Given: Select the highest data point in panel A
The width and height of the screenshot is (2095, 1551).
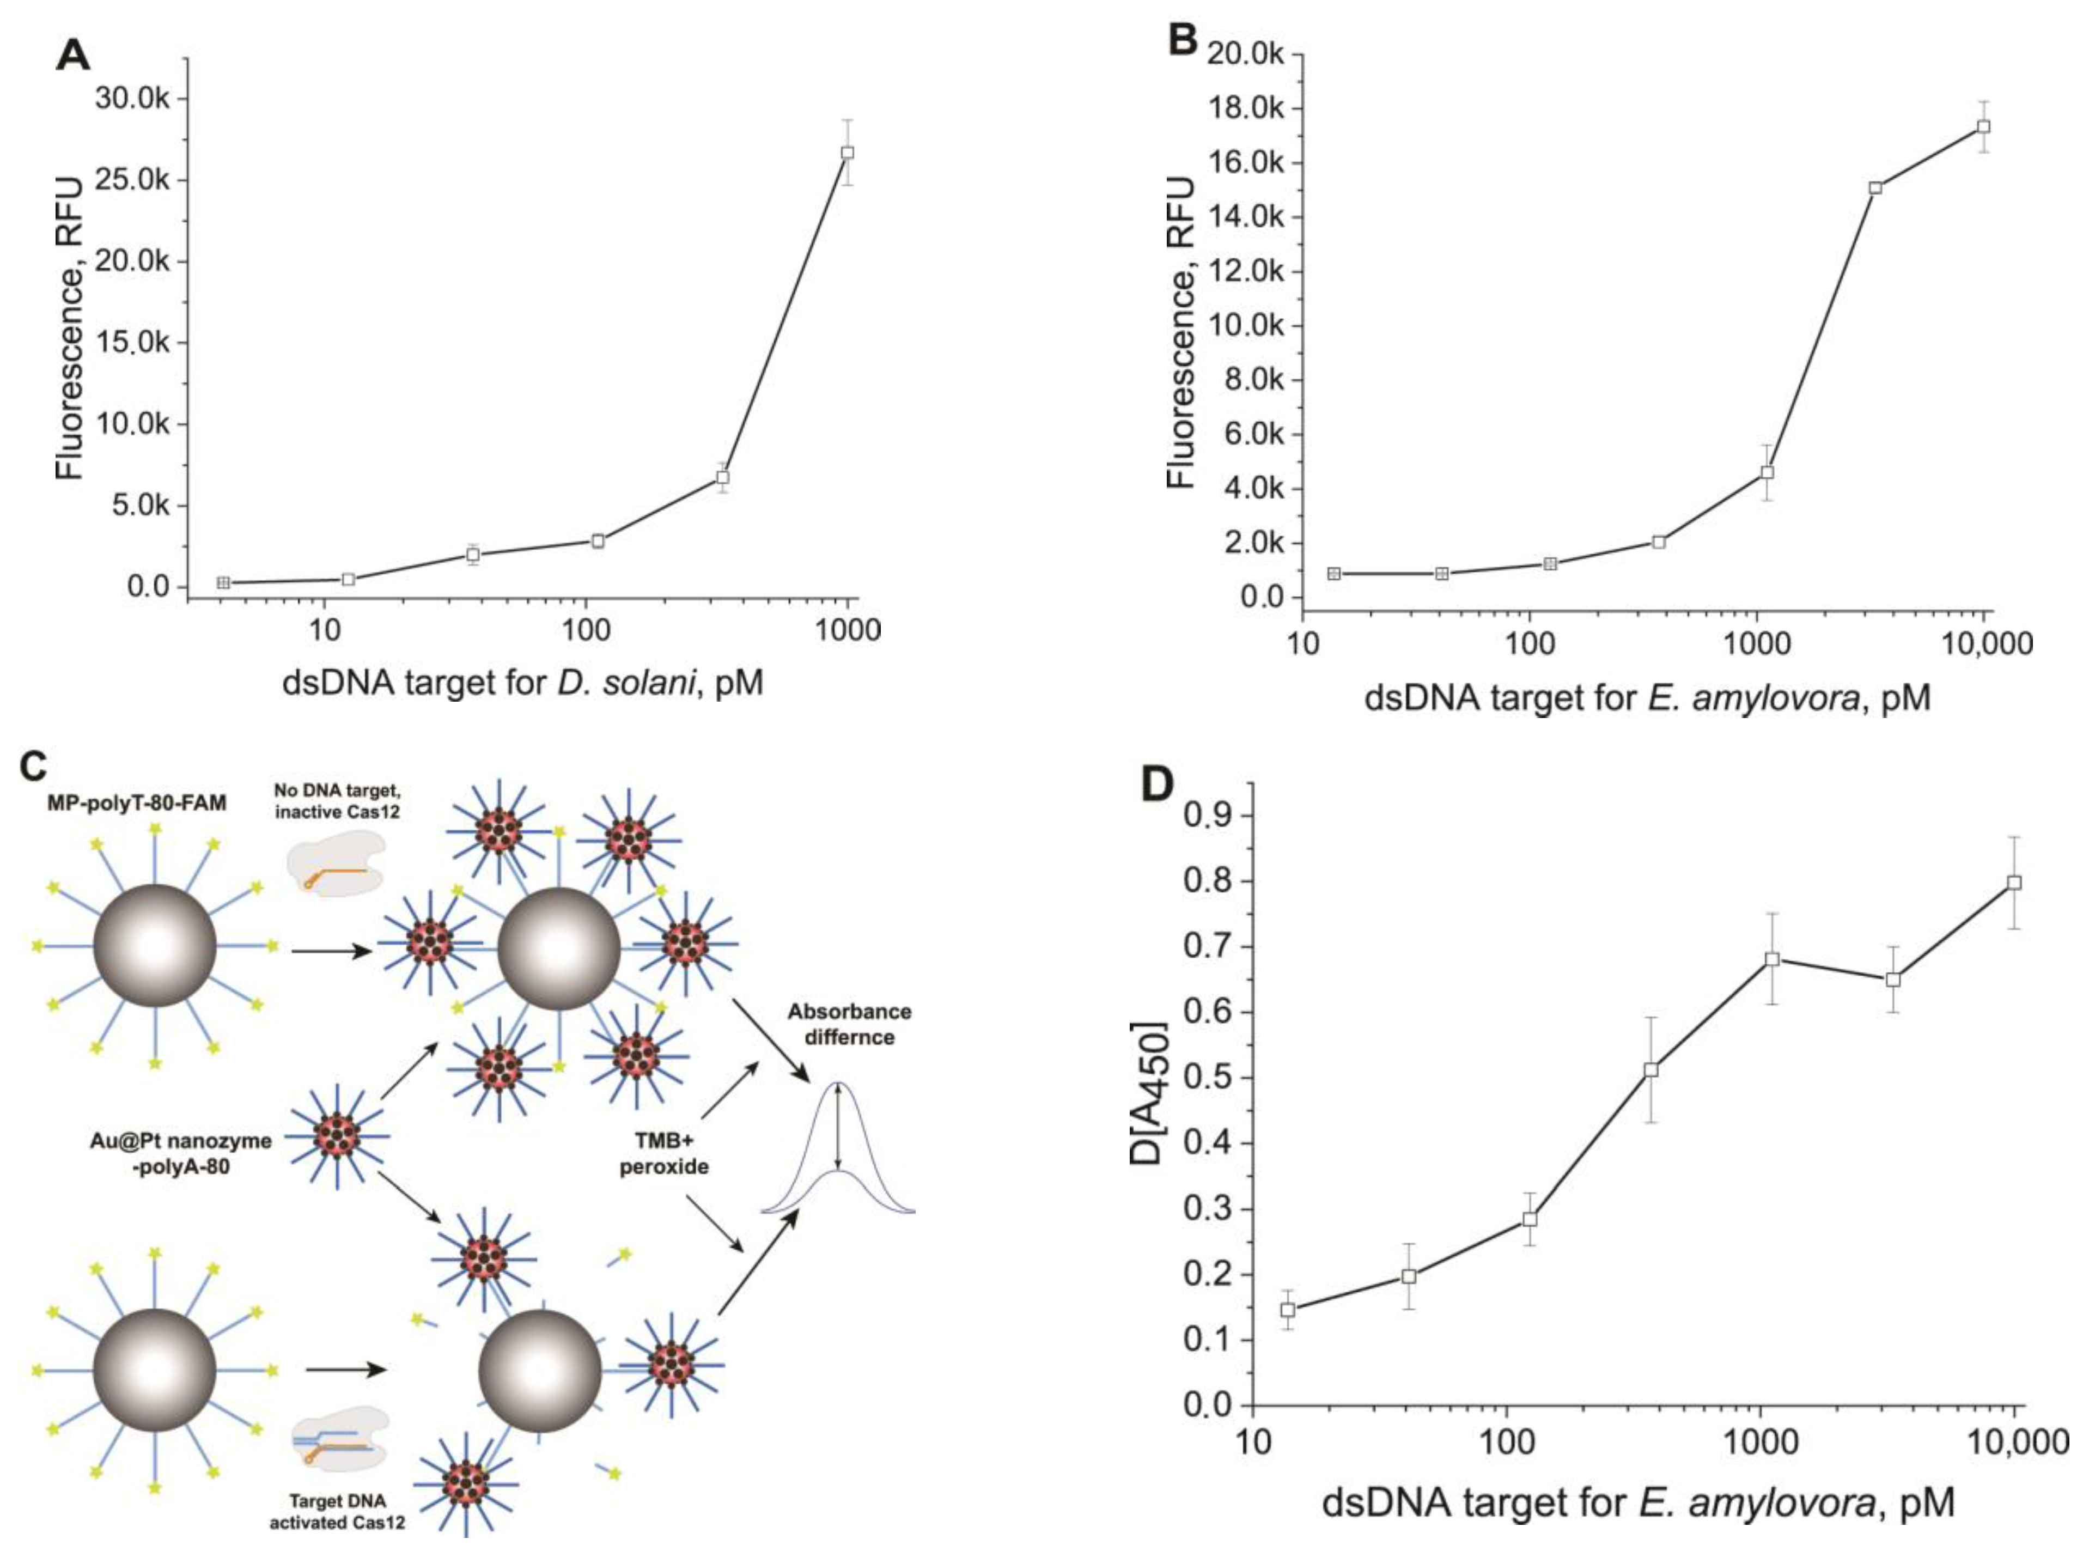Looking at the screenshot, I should (x=848, y=152).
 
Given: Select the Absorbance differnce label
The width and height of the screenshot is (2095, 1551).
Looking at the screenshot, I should (x=849, y=1024).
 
